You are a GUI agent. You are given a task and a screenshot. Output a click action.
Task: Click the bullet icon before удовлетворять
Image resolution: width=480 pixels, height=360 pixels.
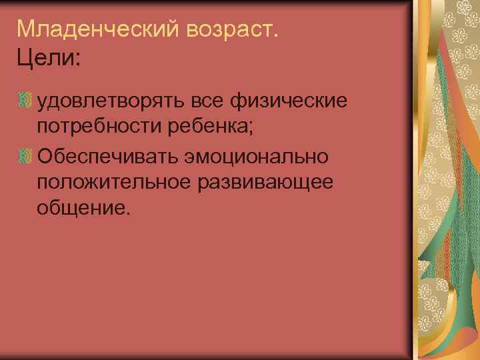click(26, 102)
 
